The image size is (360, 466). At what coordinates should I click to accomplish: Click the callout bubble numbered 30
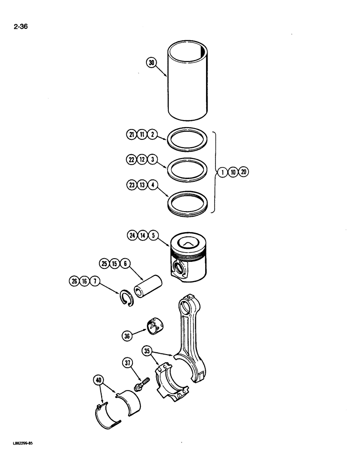(151, 62)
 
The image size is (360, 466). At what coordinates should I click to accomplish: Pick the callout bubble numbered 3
(152, 159)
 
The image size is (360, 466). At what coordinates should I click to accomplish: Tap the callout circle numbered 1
(223, 172)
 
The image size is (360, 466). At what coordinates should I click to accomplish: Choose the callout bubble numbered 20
(244, 172)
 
